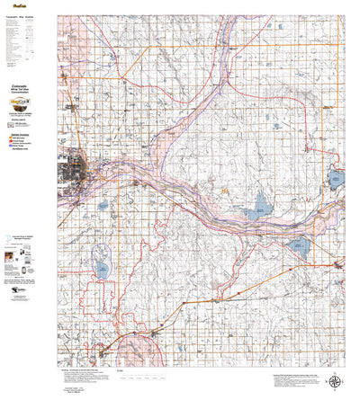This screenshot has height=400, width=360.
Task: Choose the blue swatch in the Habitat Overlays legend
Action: click(x=12, y=147)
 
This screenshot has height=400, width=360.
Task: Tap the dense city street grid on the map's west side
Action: click(x=72, y=170)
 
